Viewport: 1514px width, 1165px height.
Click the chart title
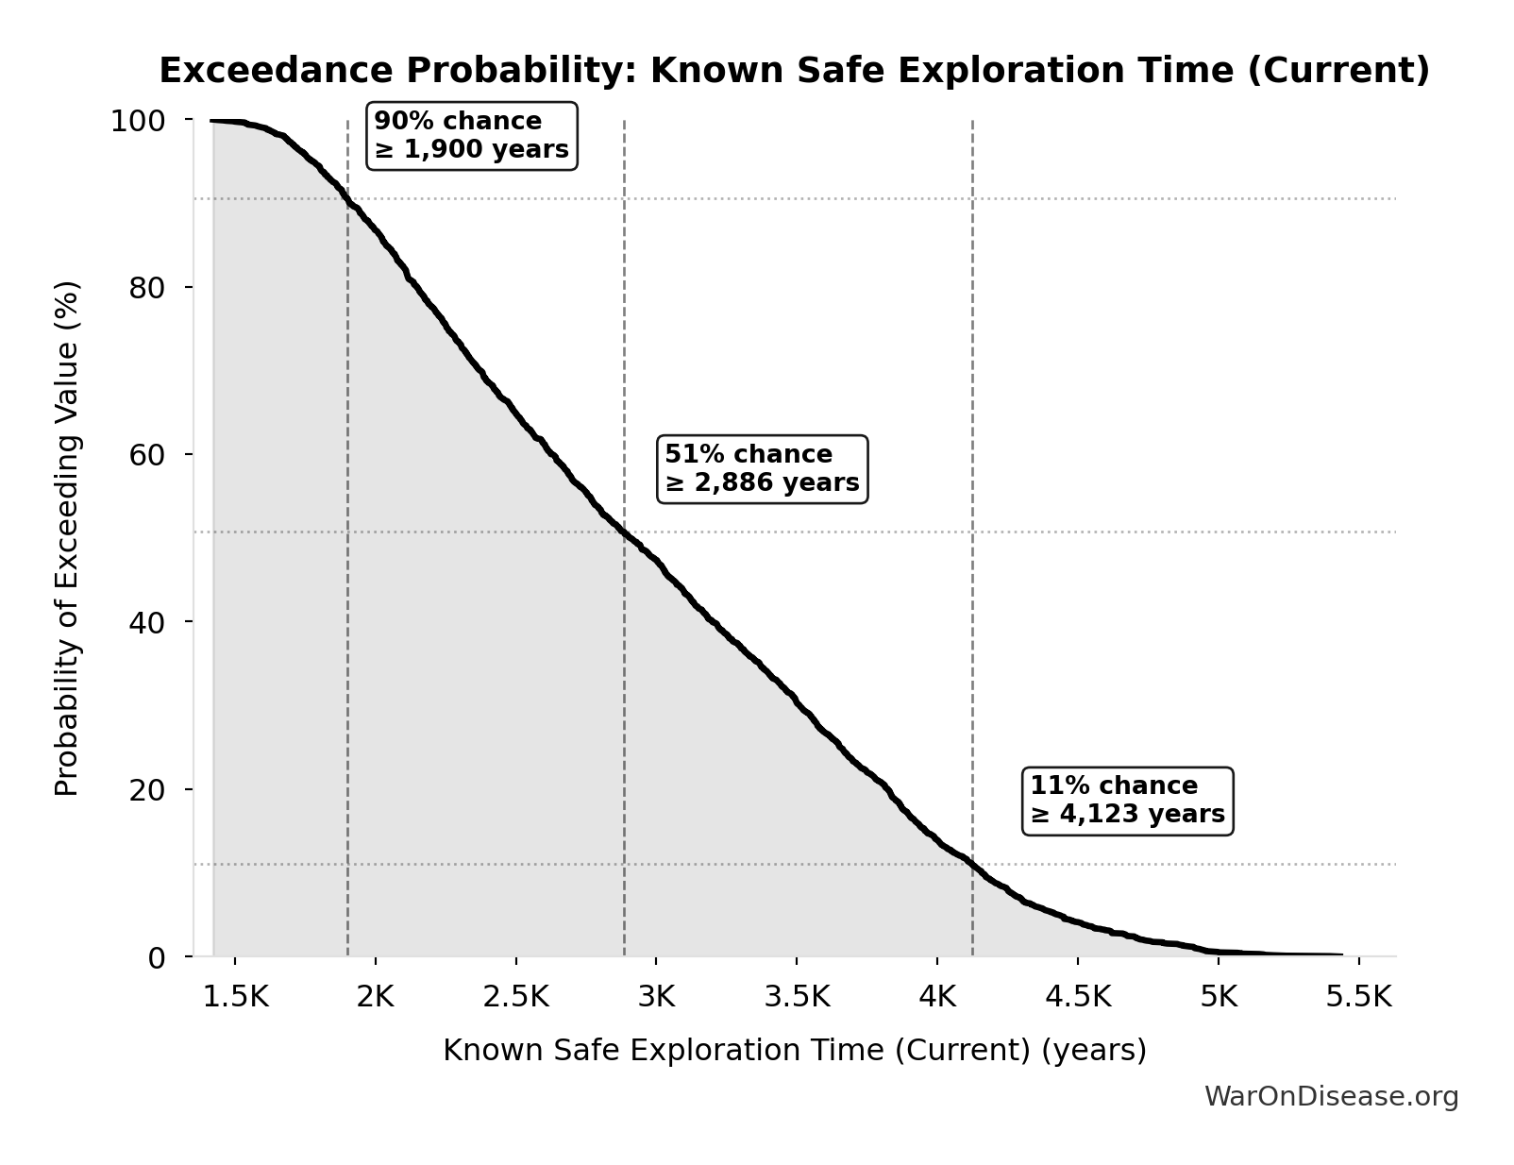coord(794,71)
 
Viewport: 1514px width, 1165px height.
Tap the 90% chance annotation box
coord(471,136)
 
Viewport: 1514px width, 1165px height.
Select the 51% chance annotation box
coord(762,469)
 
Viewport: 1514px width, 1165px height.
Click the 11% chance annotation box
coord(1127,801)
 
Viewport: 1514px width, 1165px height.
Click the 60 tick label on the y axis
coord(147,454)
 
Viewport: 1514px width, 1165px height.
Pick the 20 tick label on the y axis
coord(147,789)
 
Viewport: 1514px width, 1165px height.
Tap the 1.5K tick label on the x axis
coord(236,997)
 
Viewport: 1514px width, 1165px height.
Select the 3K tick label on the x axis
coord(656,997)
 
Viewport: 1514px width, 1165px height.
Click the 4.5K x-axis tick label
coord(1078,997)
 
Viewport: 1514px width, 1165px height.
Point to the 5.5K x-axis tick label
coord(1358,997)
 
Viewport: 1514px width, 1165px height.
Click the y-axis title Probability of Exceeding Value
coord(67,538)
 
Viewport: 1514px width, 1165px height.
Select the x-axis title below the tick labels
coord(794,1050)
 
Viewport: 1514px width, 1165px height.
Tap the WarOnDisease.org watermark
coord(1331,1096)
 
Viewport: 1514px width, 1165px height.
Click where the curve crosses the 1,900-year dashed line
coord(348,202)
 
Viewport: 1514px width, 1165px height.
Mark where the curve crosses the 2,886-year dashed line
coord(624,533)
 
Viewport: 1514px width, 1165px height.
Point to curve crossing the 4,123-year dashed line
coord(972,864)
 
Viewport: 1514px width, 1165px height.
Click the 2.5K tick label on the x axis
coord(515,997)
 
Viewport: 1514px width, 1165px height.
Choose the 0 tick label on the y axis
coord(157,957)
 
